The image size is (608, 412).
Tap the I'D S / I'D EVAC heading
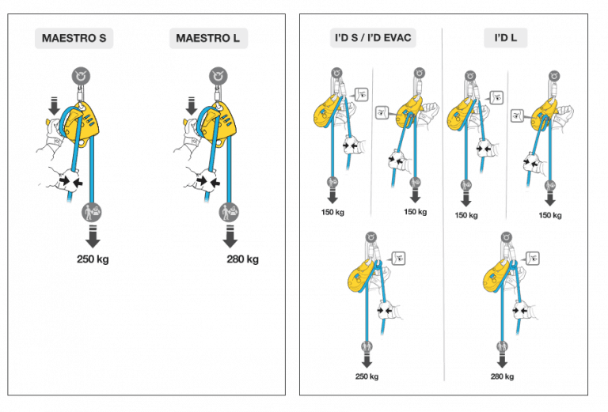click(371, 38)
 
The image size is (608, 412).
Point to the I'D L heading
click(506, 38)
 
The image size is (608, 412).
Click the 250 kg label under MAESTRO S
click(93, 259)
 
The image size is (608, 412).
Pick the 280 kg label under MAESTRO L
click(241, 259)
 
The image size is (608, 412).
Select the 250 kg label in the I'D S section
click(367, 376)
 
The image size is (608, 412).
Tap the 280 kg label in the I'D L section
click(502, 376)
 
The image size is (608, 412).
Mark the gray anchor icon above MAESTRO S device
click(81, 76)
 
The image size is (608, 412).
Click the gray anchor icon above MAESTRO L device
click(218, 76)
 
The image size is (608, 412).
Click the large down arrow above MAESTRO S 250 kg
click(93, 236)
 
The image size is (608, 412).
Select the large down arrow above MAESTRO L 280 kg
click(230, 236)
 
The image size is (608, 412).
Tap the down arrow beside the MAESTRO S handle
click(53, 104)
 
